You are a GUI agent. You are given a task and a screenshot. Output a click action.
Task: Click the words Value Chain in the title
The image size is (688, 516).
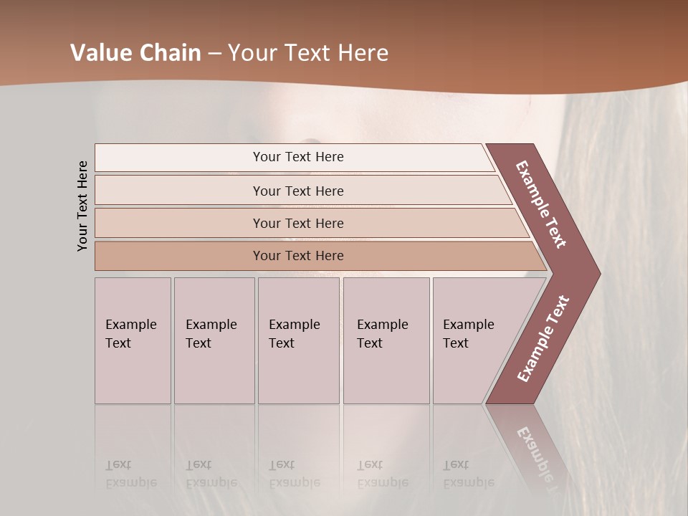pos(135,53)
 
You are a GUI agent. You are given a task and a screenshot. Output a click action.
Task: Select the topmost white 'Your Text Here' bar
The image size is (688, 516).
pos(297,157)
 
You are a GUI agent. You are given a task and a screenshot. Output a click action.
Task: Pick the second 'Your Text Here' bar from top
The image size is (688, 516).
pos(297,191)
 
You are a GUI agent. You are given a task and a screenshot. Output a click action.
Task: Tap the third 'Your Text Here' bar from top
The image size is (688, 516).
pos(297,223)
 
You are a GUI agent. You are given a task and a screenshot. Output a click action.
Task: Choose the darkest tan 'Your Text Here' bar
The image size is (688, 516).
pos(297,256)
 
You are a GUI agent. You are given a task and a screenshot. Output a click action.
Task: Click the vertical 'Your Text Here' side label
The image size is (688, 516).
pos(83,206)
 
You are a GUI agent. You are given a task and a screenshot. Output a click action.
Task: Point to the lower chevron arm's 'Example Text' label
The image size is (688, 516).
pos(543,338)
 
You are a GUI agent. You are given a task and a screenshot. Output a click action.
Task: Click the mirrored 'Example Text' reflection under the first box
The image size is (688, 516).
pos(131,474)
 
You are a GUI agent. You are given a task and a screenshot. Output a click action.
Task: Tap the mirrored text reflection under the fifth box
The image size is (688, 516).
pos(469,474)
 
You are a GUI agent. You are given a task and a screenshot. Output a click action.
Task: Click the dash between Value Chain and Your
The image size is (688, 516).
pos(214,54)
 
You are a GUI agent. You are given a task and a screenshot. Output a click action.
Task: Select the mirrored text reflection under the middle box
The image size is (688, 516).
pos(295,474)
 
